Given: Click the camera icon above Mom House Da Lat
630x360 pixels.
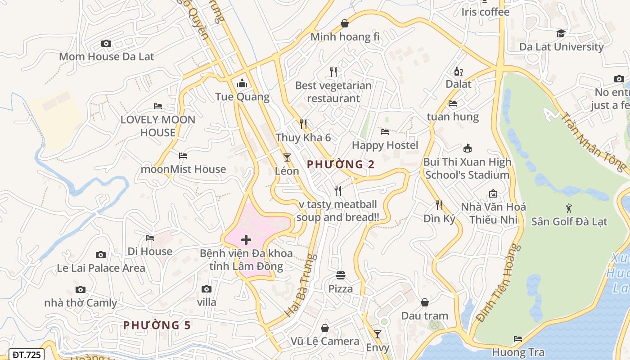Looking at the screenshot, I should [x=106, y=44].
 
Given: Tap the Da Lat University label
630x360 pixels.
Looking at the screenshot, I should [x=561, y=47].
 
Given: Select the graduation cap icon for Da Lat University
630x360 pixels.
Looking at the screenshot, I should [x=561, y=34].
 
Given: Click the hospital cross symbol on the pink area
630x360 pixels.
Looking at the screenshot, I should [x=246, y=239].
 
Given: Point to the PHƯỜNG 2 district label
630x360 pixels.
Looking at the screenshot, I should [x=341, y=165].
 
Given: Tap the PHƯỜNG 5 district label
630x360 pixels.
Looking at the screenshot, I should [x=157, y=325].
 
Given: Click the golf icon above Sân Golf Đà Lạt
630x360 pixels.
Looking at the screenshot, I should [x=569, y=208].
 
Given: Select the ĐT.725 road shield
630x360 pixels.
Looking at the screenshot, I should [x=27, y=355].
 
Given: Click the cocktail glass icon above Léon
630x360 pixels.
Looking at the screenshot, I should [x=287, y=157].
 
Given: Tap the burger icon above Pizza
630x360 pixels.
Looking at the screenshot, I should [x=341, y=275].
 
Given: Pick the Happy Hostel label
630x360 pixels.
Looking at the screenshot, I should [x=385, y=145].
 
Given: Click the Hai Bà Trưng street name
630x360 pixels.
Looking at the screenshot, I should [x=301, y=285].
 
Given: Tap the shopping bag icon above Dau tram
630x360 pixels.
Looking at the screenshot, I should [x=425, y=302].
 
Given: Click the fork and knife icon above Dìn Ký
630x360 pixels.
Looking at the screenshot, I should [x=439, y=205].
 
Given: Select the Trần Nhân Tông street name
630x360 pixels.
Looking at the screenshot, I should [x=593, y=141].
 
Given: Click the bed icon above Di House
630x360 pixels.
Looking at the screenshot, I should [x=150, y=238].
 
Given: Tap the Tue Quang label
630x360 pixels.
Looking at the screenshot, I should [x=242, y=97].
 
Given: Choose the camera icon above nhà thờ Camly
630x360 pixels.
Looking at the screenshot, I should [x=81, y=290].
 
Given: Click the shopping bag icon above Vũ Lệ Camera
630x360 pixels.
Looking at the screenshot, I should [x=325, y=328].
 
